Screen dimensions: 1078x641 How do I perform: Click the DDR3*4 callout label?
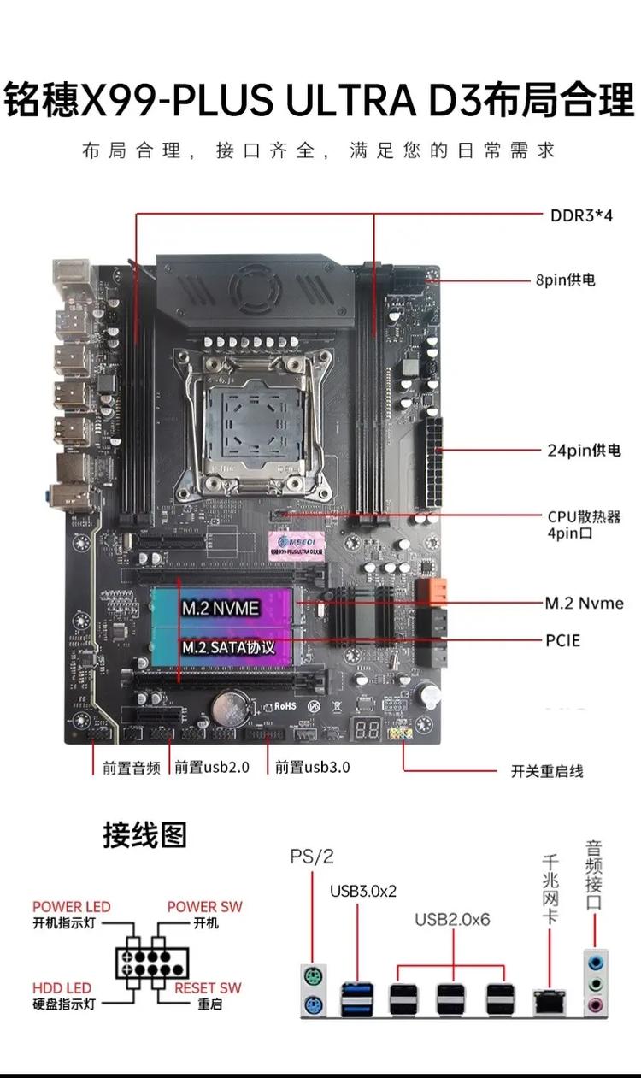pyautogui.click(x=581, y=215)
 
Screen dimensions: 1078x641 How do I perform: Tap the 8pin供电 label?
pyautogui.click(x=565, y=280)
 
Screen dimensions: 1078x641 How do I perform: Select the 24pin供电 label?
pyautogui.click(x=584, y=450)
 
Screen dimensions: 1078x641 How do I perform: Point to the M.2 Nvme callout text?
pyautogui.click(x=585, y=603)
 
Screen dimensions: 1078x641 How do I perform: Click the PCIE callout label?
pyautogui.click(x=563, y=639)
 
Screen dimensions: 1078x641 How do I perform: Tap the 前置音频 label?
pyautogui.click(x=132, y=767)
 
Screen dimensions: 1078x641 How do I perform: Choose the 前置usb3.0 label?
pyautogui.click(x=312, y=767)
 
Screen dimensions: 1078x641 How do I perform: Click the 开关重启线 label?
pyautogui.click(x=547, y=770)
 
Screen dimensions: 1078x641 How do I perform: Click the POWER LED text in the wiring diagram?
pyautogui.click(x=72, y=907)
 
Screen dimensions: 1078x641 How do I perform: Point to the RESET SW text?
pyautogui.click(x=208, y=987)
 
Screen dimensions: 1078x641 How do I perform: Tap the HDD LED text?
pyautogui.click(x=62, y=987)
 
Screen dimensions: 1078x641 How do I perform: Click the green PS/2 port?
pyautogui.click(x=313, y=976)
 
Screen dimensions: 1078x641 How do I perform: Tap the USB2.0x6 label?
pyautogui.click(x=451, y=920)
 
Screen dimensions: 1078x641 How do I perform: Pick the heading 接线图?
pyautogui.click(x=144, y=834)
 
